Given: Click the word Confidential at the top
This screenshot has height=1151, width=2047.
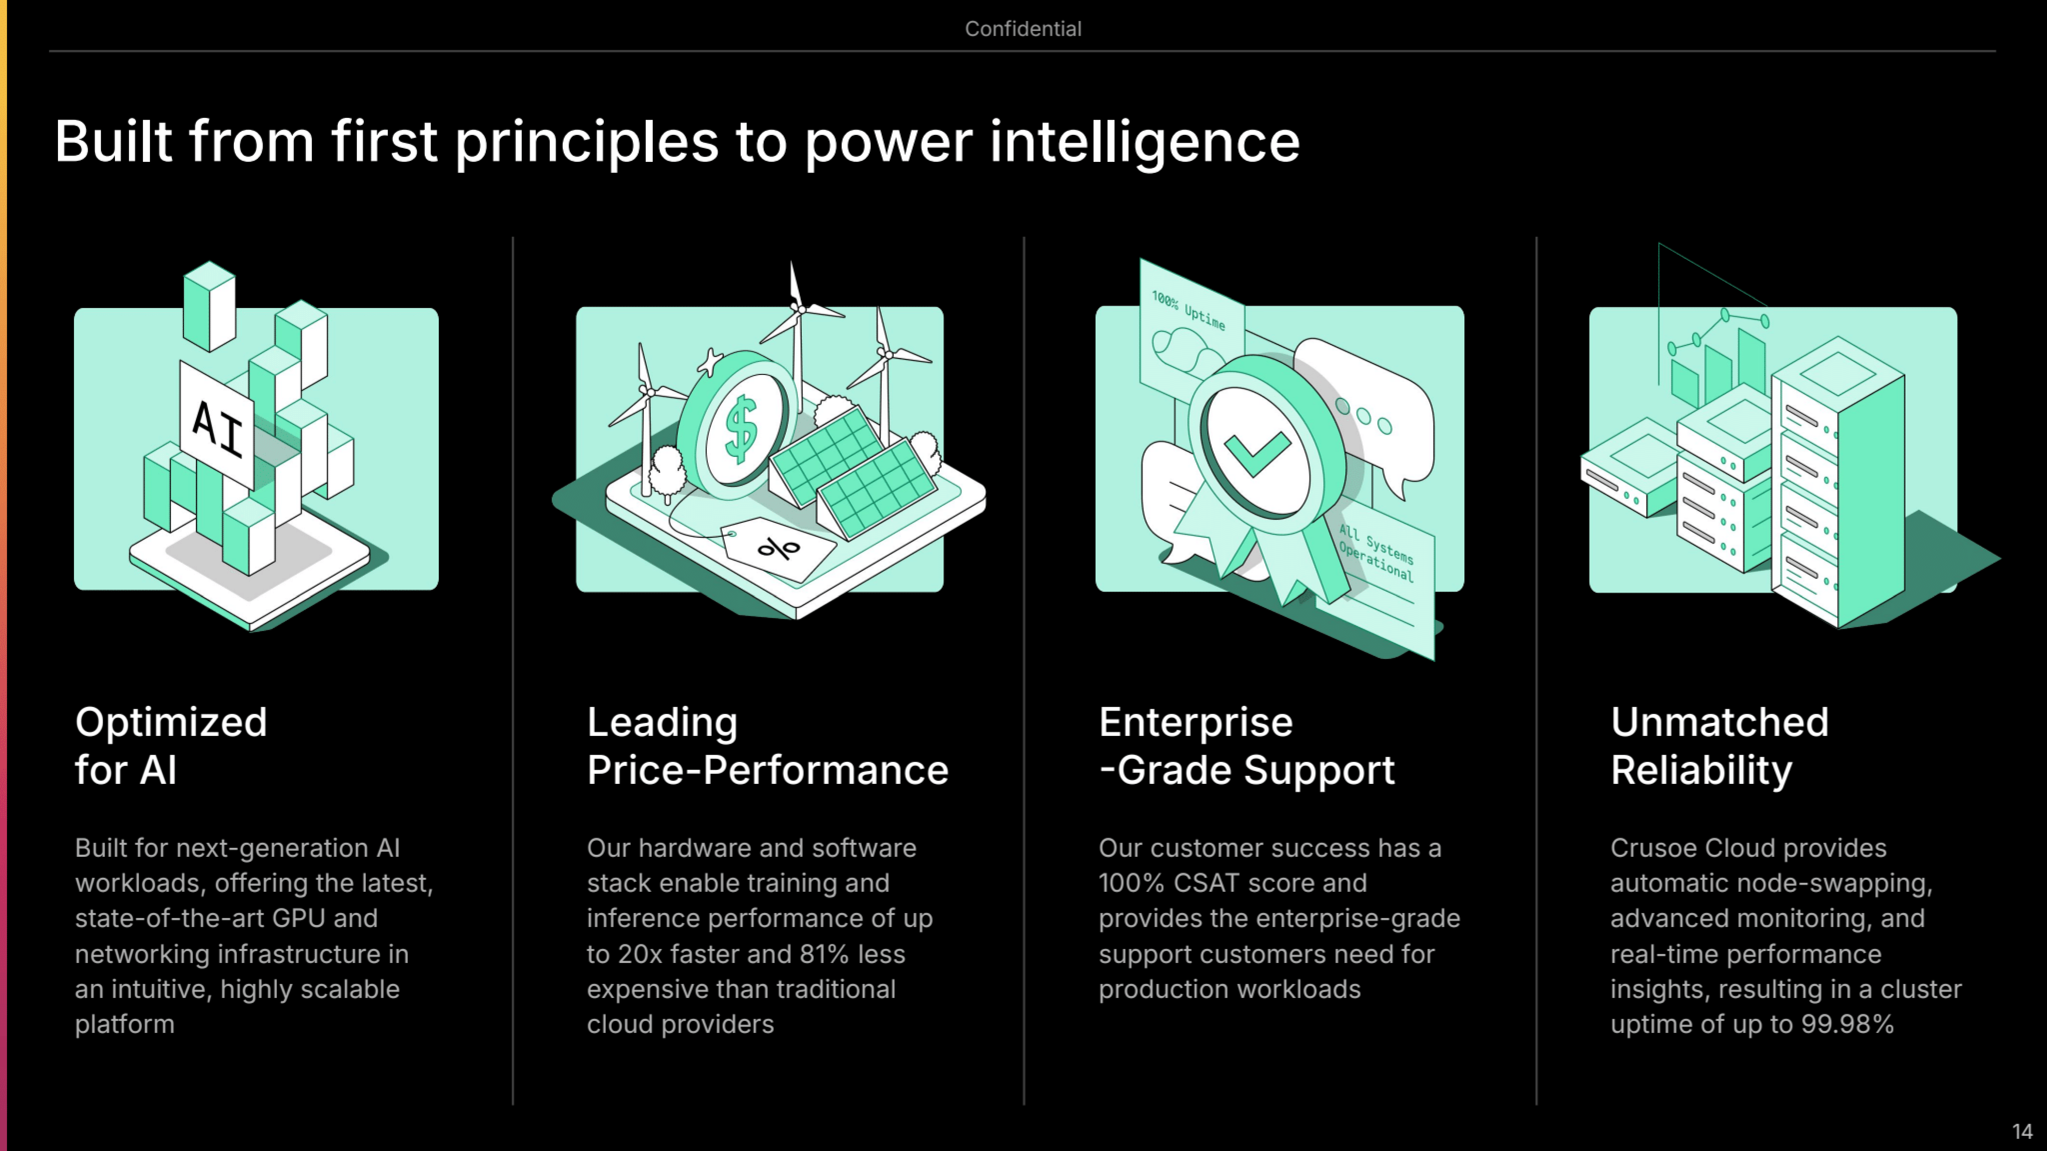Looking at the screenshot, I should pos(1023,29).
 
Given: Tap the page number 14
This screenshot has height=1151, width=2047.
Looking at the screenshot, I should pos(2022,1131).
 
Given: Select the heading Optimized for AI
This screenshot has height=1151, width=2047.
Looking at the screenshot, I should pos(171,745).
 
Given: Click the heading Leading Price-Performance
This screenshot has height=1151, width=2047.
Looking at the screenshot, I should pos(767,745).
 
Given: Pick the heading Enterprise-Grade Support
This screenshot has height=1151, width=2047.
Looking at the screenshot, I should pos(1246,745).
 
